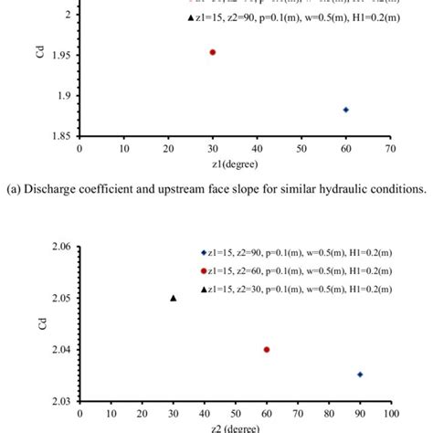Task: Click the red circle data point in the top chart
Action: click(212, 52)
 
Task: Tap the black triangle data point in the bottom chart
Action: click(174, 298)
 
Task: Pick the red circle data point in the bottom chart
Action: click(266, 349)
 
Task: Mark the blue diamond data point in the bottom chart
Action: click(360, 375)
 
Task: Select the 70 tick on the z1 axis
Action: click(390, 148)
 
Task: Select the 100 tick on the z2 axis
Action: click(390, 413)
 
